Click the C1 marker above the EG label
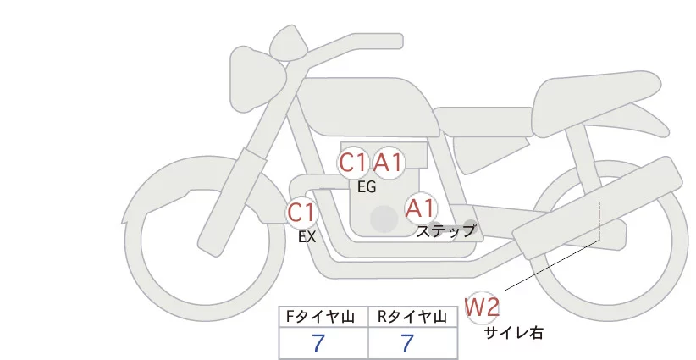point(354,163)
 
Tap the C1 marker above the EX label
point(301,212)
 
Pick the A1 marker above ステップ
point(420,208)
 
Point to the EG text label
point(367,188)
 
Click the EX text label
point(307,238)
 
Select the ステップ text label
point(445,230)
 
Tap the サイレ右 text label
point(514,334)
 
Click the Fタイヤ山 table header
point(323,317)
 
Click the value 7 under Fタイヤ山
point(318,344)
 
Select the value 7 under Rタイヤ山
point(407,344)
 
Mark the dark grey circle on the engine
point(384,219)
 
